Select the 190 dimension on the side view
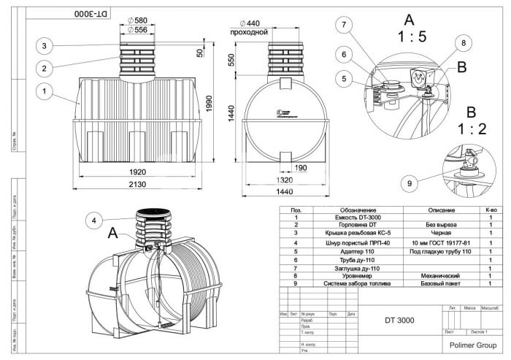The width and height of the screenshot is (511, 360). click(301, 167)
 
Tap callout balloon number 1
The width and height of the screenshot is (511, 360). click(45, 92)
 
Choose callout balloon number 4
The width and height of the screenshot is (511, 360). click(93, 220)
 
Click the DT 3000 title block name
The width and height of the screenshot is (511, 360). click(399, 320)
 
